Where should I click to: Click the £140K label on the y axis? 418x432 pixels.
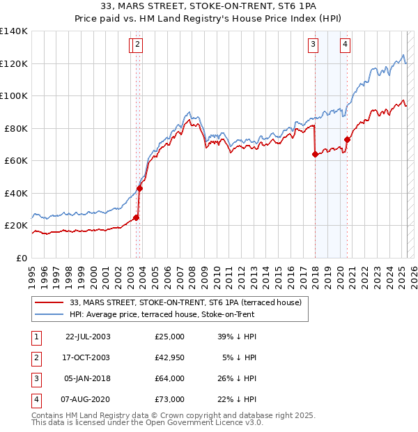pyautogui.click(x=14, y=31)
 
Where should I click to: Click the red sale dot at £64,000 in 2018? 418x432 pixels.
pyautogui.click(x=315, y=155)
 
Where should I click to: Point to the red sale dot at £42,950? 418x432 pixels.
pyautogui.click(x=139, y=188)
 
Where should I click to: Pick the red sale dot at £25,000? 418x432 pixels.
pyautogui.click(x=137, y=217)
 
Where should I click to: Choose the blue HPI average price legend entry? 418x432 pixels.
pyautogui.click(x=162, y=314)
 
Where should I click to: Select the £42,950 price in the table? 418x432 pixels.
pyautogui.click(x=169, y=357)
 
